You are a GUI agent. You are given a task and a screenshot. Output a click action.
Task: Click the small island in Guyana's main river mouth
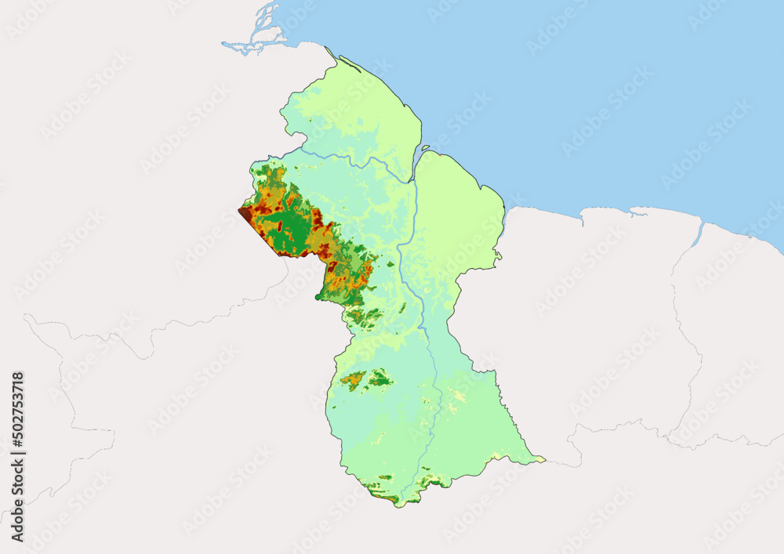coord(426,147)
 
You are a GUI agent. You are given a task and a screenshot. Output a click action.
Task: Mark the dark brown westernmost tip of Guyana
coord(244,210)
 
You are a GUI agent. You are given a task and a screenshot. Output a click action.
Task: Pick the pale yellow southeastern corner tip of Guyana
coord(539,458)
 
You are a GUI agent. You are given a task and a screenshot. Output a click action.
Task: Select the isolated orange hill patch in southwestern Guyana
coord(353,380)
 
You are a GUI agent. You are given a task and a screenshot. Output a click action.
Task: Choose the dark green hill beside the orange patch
coord(380,379)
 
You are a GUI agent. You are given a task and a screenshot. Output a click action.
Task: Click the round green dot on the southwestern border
coord(318,296)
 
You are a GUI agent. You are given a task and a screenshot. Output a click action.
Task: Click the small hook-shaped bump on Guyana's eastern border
coord(497,254)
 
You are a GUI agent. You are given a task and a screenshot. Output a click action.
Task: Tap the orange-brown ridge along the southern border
coord(384,496)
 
